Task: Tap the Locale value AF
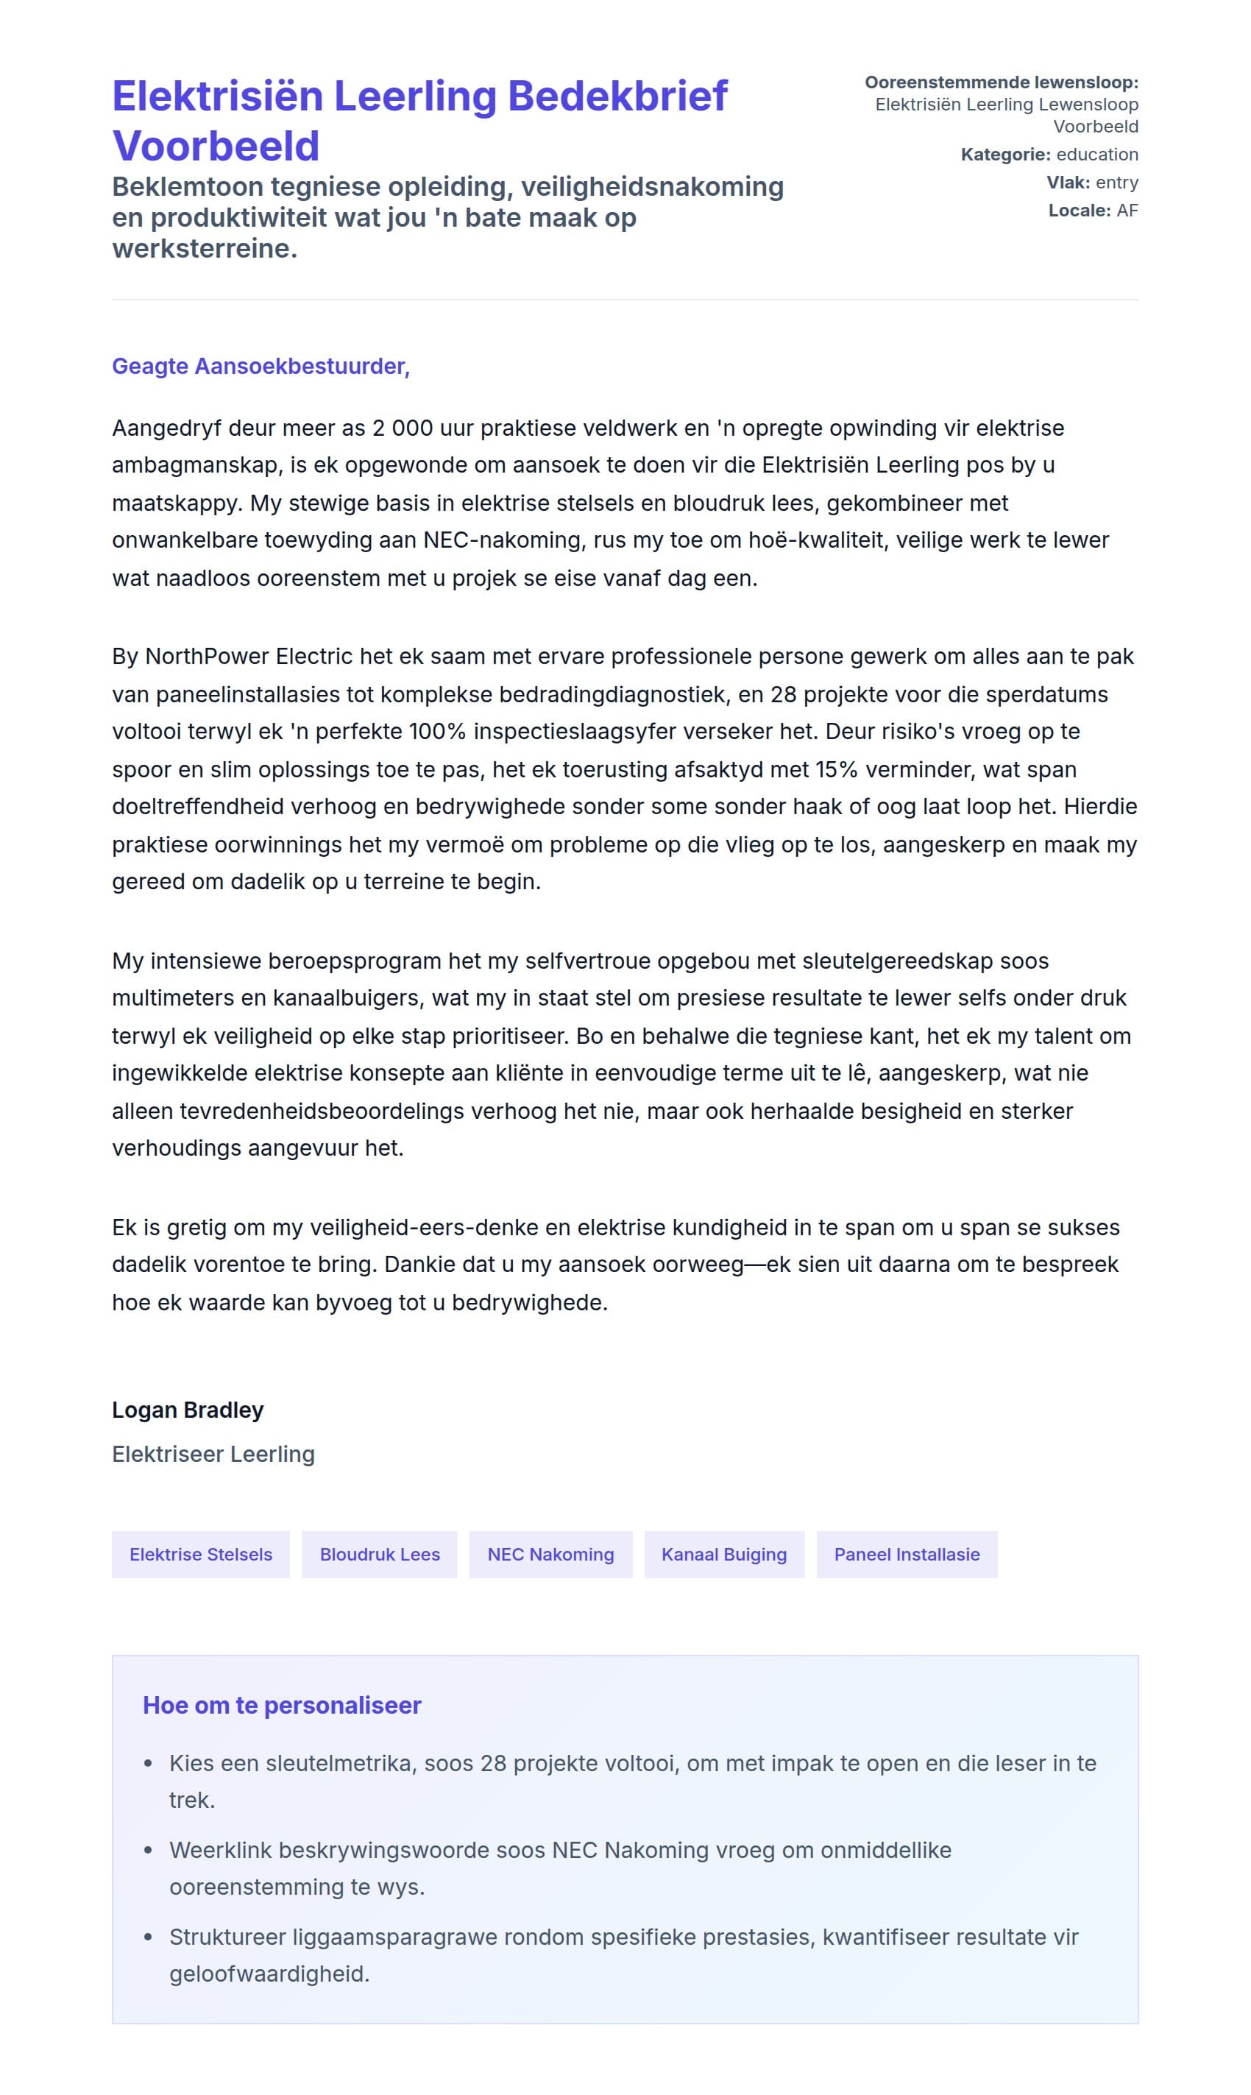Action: pos(1127,211)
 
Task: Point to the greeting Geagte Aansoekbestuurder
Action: pos(261,366)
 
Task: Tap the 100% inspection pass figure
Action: pos(436,731)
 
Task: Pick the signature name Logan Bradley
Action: pos(188,1410)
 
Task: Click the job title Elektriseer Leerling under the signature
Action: pos(213,1455)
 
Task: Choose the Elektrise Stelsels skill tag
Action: pos(201,1555)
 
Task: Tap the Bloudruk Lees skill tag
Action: pos(379,1555)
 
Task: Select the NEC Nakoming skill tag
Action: pos(550,1555)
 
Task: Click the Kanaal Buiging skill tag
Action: pos(724,1555)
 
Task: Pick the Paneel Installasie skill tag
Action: pos(906,1555)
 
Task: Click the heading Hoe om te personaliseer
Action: pos(282,1705)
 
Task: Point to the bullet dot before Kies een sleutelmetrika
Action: pos(149,1763)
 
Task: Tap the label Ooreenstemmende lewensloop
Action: pos(1001,82)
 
